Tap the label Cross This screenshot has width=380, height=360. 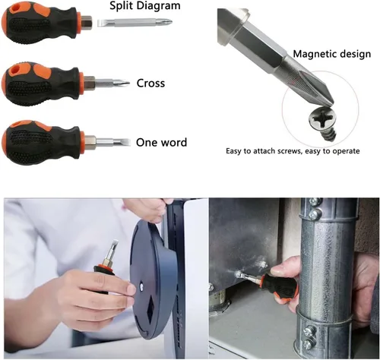150,84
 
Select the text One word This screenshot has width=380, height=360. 162,143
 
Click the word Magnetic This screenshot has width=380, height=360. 315,54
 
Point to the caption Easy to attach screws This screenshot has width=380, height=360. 263,151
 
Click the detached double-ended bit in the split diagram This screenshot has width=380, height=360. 135,23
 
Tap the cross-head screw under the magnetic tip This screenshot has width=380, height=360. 323,123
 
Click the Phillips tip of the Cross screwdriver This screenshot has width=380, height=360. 124,83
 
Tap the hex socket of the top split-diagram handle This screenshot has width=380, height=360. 87,22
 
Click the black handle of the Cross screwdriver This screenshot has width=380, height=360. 41,84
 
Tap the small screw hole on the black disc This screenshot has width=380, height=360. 141,286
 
